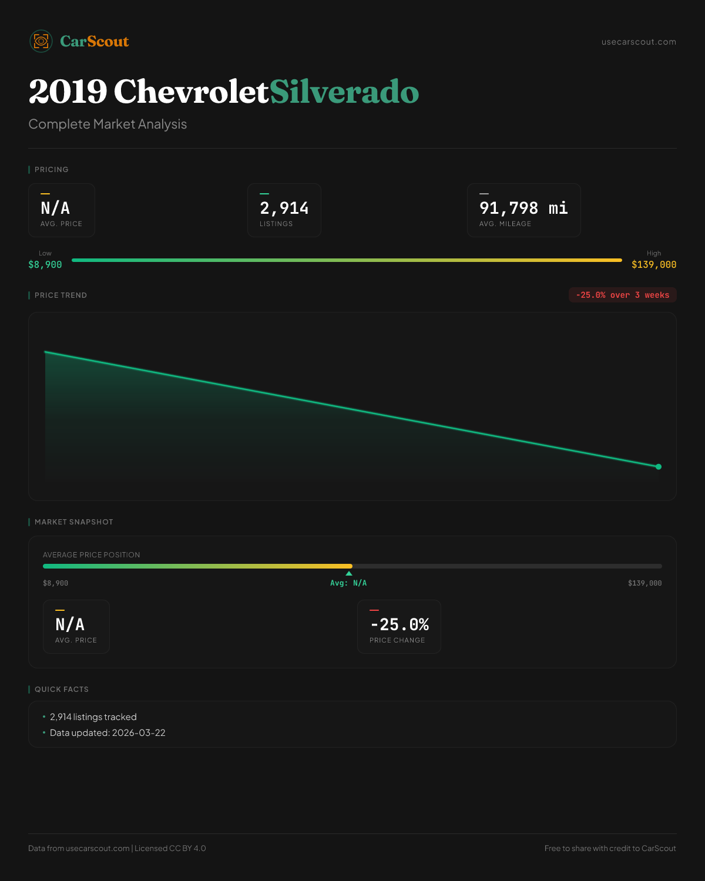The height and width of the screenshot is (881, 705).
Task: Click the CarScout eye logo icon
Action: coord(41,41)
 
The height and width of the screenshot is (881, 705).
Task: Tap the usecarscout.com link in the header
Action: coord(639,42)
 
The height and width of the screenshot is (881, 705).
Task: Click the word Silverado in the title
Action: coord(344,92)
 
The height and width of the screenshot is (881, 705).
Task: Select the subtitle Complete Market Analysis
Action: coord(108,124)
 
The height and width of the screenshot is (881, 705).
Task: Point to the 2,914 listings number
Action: coord(284,208)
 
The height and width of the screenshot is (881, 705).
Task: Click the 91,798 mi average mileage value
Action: coord(523,208)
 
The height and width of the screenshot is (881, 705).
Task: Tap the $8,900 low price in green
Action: coord(45,265)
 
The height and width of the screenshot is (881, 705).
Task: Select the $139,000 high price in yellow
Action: coord(654,265)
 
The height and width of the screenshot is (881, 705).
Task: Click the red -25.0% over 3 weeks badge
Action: coord(623,295)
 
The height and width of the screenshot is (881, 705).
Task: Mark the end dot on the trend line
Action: coord(659,467)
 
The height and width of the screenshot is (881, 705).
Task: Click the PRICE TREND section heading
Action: coord(61,295)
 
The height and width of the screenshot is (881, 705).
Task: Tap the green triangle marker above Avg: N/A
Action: coord(349,573)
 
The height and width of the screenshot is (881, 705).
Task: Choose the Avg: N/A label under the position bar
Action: coord(348,583)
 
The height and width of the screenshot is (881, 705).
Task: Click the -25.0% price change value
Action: coord(399,624)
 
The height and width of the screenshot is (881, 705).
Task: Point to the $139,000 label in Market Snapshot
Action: coord(644,583)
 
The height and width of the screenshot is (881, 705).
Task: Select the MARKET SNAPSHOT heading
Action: coord(73,522)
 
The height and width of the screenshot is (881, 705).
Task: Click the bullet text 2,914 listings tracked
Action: coord(93,717)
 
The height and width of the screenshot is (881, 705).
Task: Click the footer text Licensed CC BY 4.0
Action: coord(170,848)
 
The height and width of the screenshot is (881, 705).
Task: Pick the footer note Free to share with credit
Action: coord(610,848)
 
